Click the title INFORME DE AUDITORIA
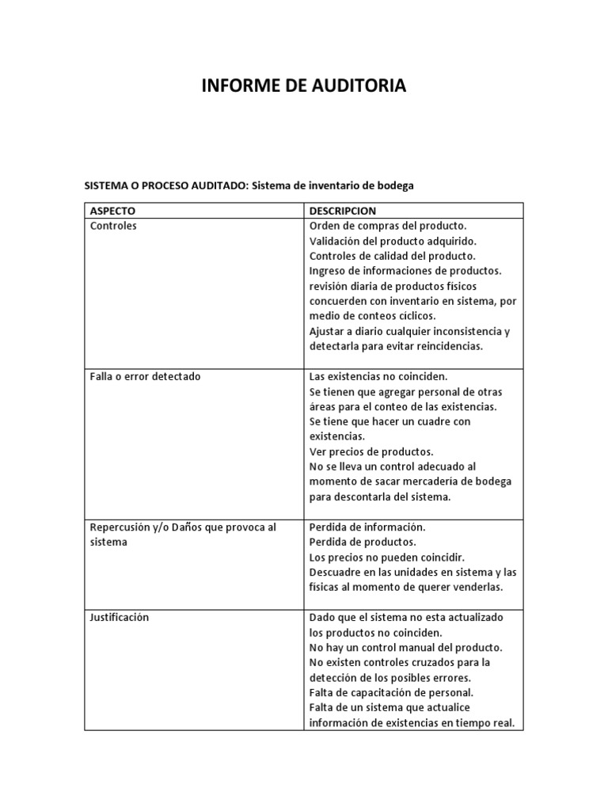(303, 86)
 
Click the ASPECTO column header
(112, 211)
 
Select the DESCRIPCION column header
(342, 211)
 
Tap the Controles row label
(113, 226)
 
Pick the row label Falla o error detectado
(145, 376)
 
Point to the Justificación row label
(120, 617)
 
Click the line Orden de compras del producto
(387, 226)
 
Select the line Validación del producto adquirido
(393, 241)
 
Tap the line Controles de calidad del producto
(392, 256)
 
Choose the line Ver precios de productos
(370, 451)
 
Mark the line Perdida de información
(367, 527)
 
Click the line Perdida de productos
(362, 542)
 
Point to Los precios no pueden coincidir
(386, 557)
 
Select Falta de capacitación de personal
(391, 692)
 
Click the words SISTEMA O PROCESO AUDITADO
(165, 185)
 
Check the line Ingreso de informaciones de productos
(405, 271)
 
